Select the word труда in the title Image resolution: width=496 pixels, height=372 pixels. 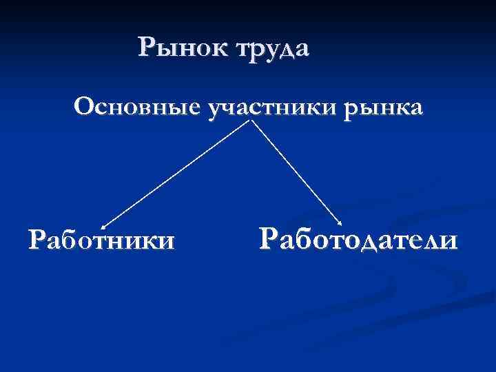click(x=273, y=50)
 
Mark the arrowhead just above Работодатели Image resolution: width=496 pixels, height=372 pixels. click(x=341, y=223)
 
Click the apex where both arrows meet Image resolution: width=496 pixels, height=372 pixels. click(x=253, y=121)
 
